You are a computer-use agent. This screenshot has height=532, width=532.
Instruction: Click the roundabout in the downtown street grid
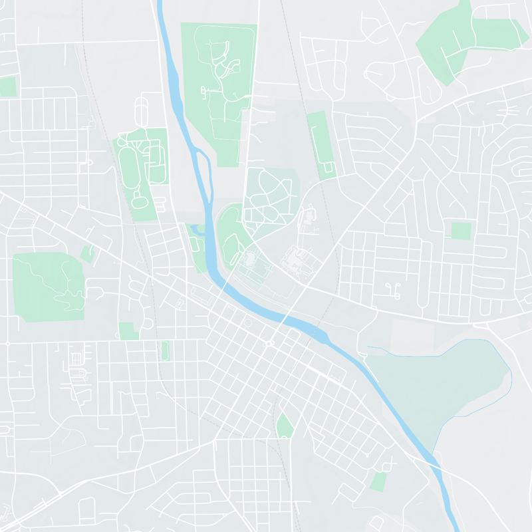click(269, 344)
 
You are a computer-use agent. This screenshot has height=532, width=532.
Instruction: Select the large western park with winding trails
click(47, 287)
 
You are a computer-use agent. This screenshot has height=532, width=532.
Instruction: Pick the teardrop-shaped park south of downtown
click(285, 426)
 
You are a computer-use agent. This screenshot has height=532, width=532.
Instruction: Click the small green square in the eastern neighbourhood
click(460, 231)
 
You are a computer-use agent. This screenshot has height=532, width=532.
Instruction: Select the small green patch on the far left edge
click(7, 86)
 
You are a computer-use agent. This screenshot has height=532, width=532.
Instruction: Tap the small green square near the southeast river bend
click(378, 481)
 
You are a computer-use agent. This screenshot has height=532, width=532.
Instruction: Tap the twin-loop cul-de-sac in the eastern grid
click(392, 287)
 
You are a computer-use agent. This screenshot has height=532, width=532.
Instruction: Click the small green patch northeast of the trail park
click(87, 253)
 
